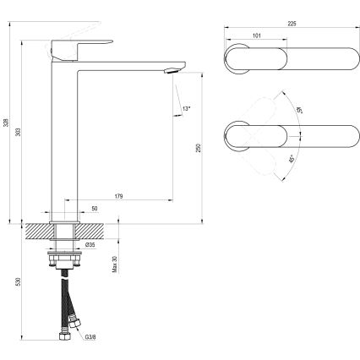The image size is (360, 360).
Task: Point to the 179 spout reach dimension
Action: coord(117,196)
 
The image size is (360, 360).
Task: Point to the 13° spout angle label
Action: coord(186,108)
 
